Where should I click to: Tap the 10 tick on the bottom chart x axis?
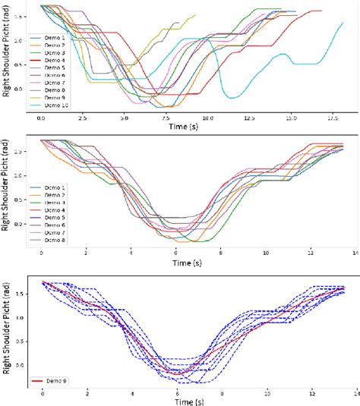(267, 395)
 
